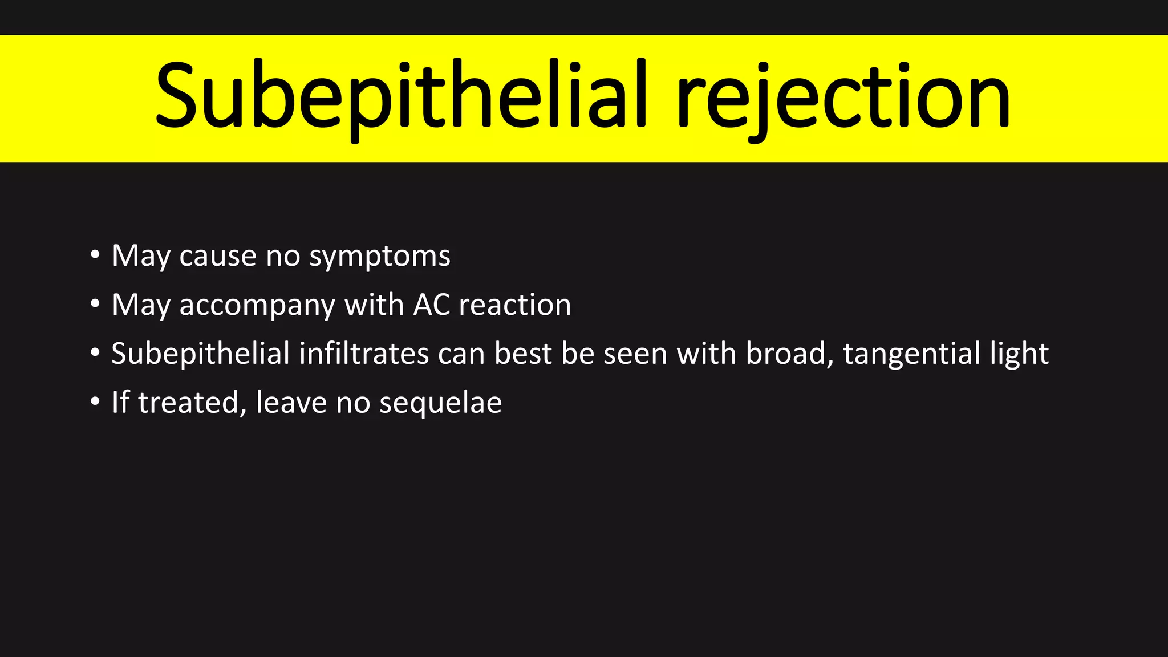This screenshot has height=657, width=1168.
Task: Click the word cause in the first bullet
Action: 217,256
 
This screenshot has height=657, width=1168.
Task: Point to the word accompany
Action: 257,306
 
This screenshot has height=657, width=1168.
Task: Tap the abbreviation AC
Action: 432,305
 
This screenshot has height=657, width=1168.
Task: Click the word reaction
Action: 515,305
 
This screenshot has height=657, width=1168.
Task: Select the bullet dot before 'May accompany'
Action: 95,303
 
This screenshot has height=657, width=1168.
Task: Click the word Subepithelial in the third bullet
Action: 200,354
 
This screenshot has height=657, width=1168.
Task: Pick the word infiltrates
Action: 364,354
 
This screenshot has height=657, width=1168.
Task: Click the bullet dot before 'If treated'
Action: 95,401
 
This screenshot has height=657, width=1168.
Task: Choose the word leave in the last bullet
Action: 291,403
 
